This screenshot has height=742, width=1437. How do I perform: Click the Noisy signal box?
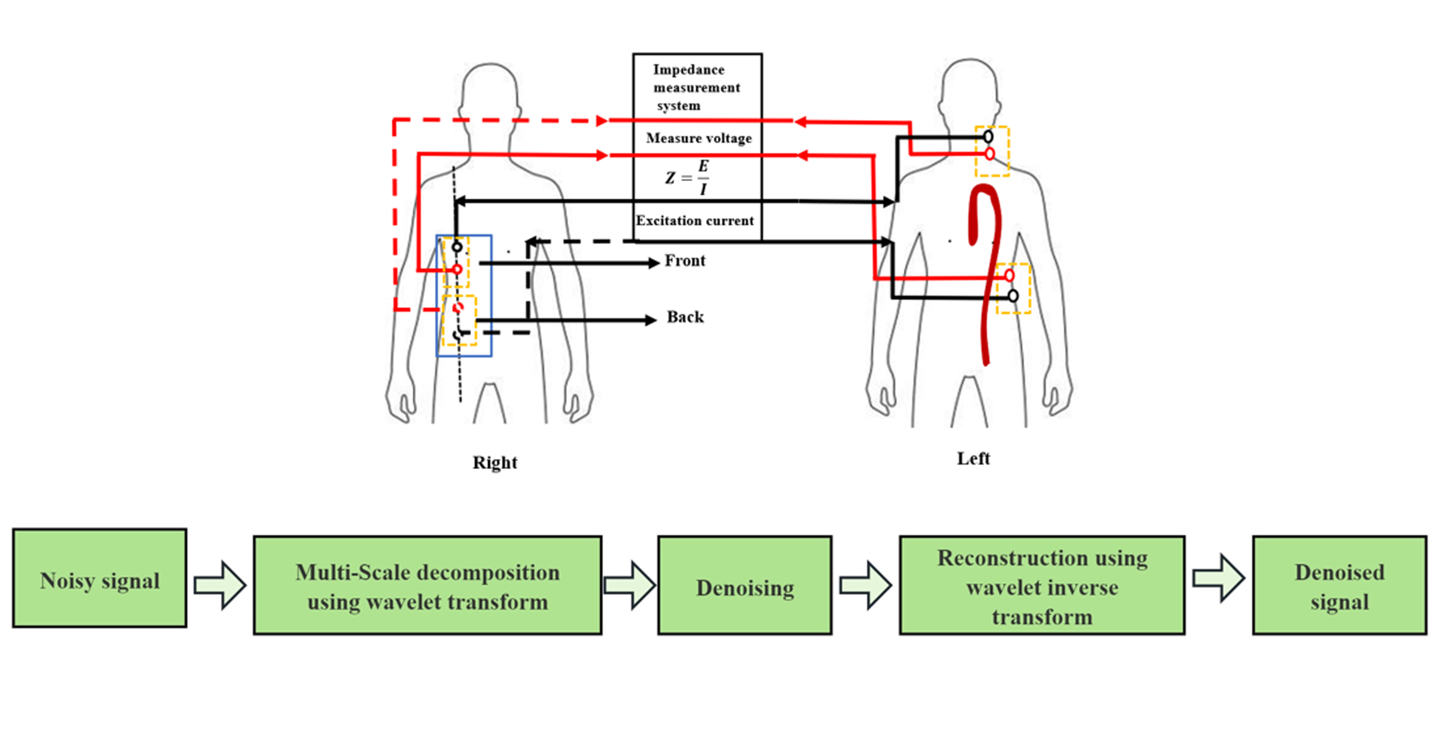(99, 578)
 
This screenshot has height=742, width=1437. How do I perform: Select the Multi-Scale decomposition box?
(427, 585)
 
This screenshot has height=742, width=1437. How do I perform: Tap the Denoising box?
(745, 585)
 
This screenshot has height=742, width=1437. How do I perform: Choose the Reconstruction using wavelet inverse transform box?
(1042, 585)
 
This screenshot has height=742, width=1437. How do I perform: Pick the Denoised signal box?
(1339, 585)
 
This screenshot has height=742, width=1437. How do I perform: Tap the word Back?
(685, 317)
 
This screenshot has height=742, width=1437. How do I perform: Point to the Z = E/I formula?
(687, 177)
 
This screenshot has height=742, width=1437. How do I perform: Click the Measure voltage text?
(699, 138)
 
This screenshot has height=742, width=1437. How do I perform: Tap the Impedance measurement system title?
(696, 88)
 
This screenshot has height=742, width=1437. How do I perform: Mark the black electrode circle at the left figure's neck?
(988, 137)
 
